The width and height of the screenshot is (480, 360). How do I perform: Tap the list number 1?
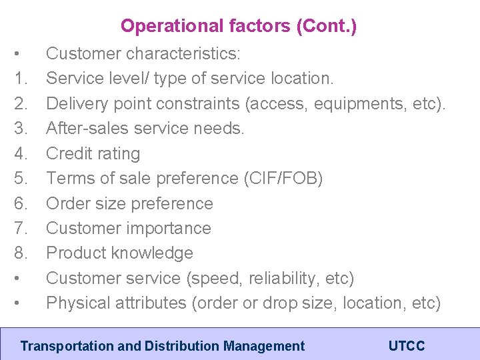[20, 79]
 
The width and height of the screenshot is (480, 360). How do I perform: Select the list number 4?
[20, 153]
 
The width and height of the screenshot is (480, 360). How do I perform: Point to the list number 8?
[20, 253]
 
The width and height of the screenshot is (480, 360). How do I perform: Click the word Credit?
[67, 153]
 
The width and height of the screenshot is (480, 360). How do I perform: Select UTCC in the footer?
[406, 346]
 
